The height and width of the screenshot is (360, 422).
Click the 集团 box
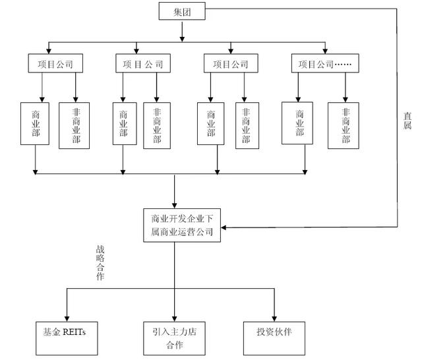click(182, 11)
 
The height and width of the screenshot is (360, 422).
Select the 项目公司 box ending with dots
click(325, 63)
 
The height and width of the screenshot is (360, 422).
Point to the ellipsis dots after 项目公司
click(343, 65)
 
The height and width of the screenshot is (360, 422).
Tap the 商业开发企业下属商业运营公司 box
click(182, 225)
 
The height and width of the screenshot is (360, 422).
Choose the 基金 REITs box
click(67, 338)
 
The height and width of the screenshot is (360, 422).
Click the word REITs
click(74, 332)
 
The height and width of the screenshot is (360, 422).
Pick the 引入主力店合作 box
click(174, 338)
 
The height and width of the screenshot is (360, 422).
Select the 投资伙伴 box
click(274, 338)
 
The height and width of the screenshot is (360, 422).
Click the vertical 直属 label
click(407, 121)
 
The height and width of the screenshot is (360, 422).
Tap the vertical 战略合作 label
click(100, 263)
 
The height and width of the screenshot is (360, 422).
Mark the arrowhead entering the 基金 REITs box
click(67, 319)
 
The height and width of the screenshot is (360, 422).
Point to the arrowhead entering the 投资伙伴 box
click(274, 319)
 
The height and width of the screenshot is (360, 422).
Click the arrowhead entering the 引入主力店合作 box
click(174, 319)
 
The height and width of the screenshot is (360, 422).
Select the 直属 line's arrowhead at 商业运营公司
click(224, 227)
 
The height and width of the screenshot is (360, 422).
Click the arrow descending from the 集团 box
click(182, 32)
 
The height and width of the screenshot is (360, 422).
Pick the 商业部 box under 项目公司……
click(297, 123)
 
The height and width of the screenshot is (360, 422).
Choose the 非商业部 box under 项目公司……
click(343, 125)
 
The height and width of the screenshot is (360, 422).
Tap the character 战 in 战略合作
click(100, 250)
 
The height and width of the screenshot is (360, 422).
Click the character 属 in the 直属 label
click(407, 125)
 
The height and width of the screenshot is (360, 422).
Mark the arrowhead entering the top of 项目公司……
click(325, 51)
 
